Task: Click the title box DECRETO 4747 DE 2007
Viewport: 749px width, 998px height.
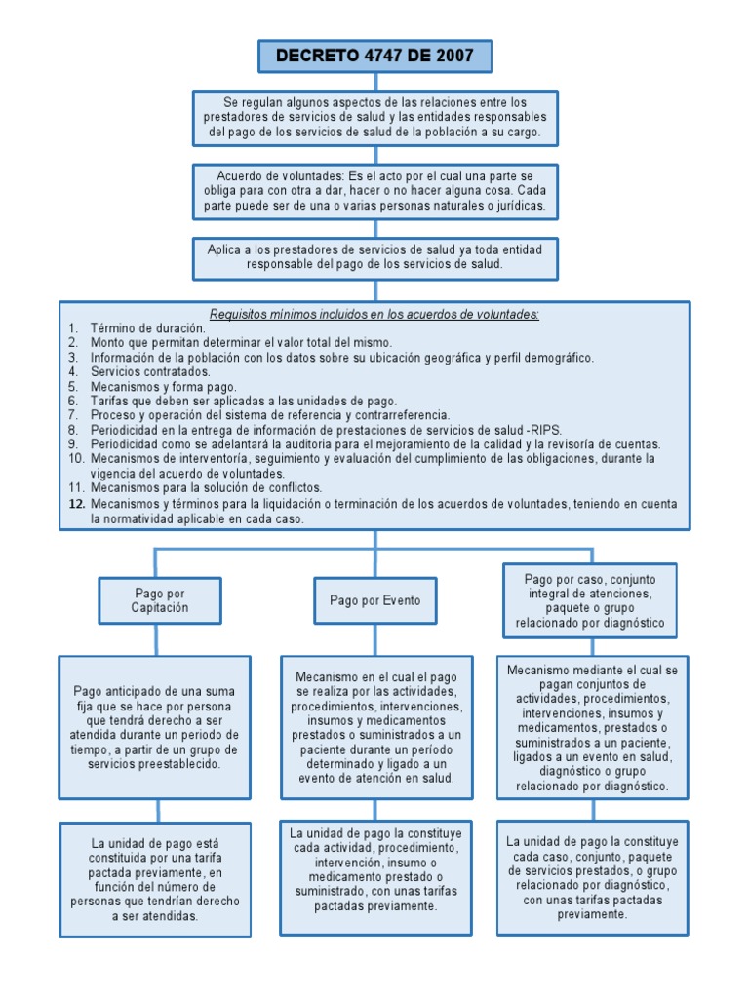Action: tap(374, 57)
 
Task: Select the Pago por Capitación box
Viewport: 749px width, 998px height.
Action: tap(160, 600)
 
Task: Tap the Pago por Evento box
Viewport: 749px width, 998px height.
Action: tap(374, 600)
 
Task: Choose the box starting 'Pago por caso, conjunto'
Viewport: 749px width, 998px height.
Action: tap(589, 600)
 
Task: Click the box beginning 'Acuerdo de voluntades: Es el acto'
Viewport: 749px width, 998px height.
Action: tap(374, 191)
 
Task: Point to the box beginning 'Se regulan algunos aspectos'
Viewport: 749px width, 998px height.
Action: tap(374, 117)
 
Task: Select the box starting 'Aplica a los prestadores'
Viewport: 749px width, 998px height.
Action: tap(374, 257)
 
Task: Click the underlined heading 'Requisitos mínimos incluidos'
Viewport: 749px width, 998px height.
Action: tap(374, 314)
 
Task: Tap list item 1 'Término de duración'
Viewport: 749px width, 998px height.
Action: tap(147, 328)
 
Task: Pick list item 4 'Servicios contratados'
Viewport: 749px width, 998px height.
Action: tap(150, 371)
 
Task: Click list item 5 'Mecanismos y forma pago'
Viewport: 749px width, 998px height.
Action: tap(163, 386)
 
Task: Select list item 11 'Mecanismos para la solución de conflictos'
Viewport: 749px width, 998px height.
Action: tap(206, 487)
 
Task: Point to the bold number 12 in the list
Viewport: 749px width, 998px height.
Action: tap(77, 504)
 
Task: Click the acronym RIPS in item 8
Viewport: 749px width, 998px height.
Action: tap(546, 429)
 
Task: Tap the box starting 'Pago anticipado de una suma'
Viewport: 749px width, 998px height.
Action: tap(156, 727)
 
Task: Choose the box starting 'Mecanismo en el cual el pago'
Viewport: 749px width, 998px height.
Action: tap(374, 727)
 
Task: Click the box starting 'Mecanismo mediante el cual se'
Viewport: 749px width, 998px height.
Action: tap(592, 727)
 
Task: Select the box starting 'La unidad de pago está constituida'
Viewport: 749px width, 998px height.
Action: tap(156, 879)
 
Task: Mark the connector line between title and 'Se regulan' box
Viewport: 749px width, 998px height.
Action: tap(374, 82)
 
